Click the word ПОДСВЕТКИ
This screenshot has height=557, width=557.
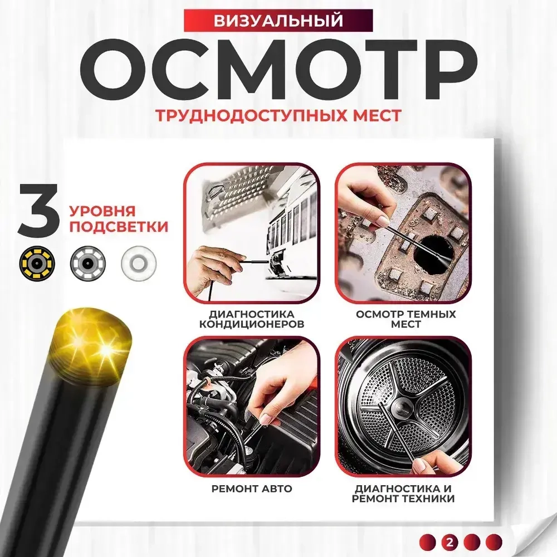point(119,226)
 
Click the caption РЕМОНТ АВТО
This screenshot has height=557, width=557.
point(252,489)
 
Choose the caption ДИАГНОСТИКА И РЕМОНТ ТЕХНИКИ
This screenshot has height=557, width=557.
point(403,494)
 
